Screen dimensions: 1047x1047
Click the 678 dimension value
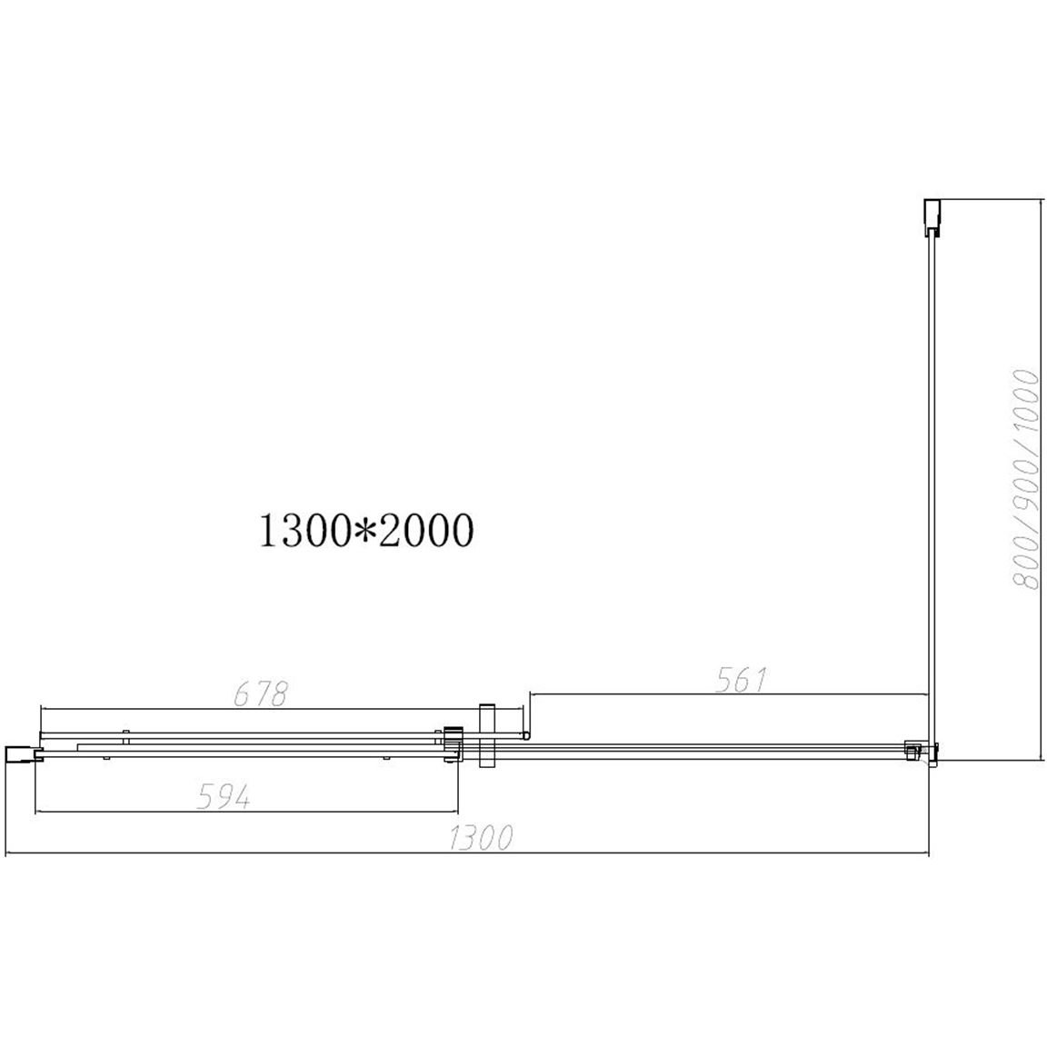261,694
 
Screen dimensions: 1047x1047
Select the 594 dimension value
224,797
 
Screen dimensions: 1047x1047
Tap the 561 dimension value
742,680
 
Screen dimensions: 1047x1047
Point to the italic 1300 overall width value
481,838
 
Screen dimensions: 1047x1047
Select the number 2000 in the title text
426,532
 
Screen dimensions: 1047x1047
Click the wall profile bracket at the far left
23,753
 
